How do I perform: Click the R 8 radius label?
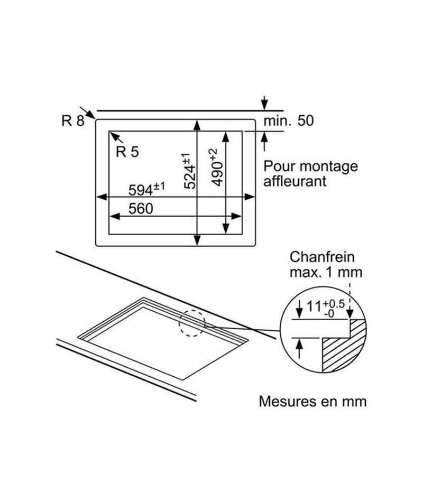[73, 120]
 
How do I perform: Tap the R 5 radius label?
[127, 152]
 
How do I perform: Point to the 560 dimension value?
[141, 209]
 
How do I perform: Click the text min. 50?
[288, 120]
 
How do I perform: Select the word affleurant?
[295, 181]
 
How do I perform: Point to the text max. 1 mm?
[326, 272]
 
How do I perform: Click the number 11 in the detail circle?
[314, 306]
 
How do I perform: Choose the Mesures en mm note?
[312, 402]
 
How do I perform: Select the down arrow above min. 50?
[264, 103]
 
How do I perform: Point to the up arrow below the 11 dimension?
[299, 348]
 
